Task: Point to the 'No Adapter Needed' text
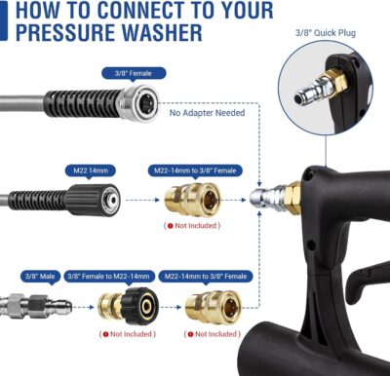pyautogui.click(x=208, y=111)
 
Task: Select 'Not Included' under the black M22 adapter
pyautogui.click(x=127, y=334)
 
